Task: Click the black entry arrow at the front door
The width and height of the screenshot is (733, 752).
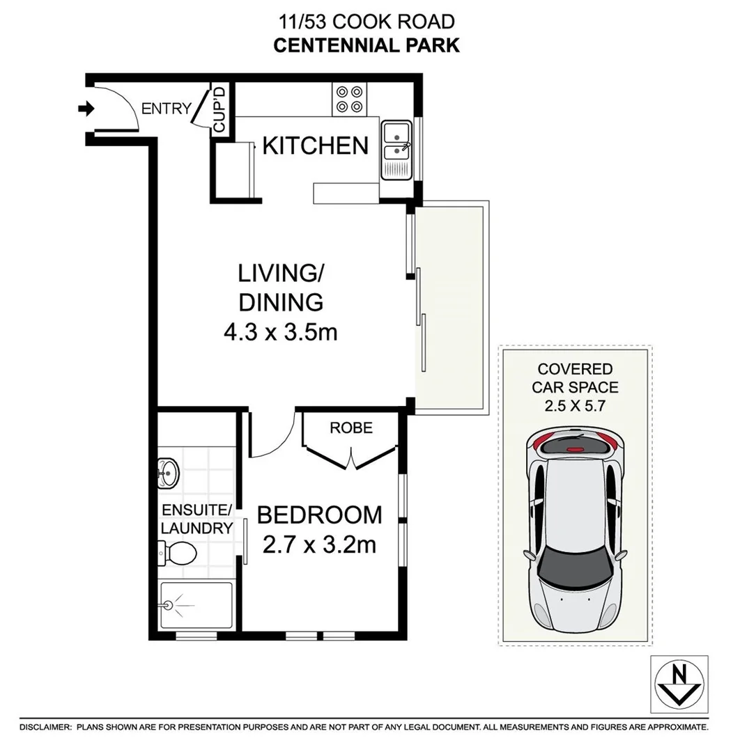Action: point(86,109)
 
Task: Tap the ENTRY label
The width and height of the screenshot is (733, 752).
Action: point(166,109)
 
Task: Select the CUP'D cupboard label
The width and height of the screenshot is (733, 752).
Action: point(219,109)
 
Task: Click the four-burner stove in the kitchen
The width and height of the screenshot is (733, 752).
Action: point(349,98)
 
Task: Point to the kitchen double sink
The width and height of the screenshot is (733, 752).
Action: point(396,149)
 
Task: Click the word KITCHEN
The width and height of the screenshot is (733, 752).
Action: point(315,146)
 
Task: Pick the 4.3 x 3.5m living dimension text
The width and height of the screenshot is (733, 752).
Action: point(280,332)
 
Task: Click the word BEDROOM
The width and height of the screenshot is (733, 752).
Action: point(320,515)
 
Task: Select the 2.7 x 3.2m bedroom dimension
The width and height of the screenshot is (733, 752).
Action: point(320,544)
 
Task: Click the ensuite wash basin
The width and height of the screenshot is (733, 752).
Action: point(168,473)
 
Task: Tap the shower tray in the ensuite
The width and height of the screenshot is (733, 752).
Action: point(196,606)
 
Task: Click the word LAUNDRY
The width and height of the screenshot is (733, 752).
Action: point(196,528)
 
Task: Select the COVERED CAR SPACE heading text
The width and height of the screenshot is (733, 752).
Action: point(574,378)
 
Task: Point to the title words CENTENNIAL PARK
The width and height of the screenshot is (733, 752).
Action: point(366,46)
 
